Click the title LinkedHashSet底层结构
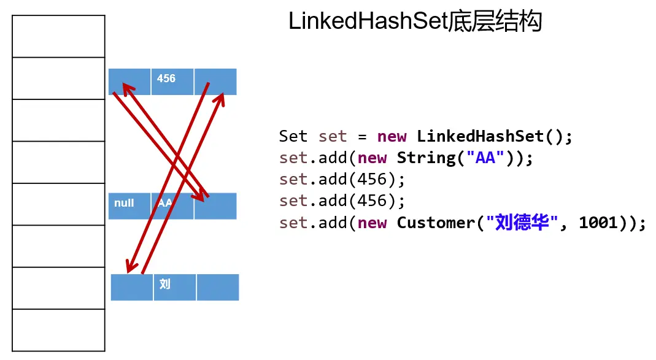415,23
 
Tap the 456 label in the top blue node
166,79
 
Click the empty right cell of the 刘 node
217,287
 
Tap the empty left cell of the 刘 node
131,287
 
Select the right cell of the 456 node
215,81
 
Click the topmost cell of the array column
59,36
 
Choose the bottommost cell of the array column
59,330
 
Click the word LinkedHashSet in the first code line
480,136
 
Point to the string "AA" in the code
486,158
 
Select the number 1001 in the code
598,223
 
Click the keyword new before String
372,158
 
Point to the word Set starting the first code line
293,136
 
